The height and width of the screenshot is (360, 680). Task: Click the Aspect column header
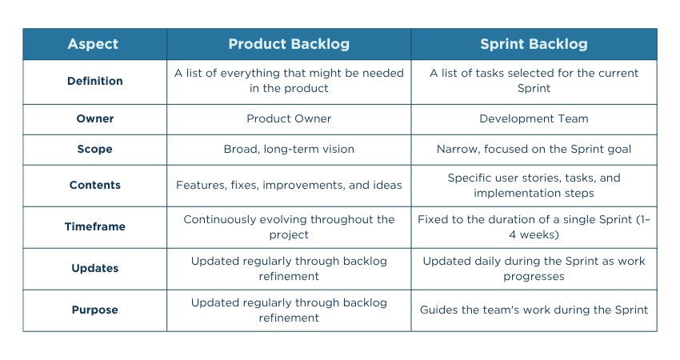pyautogui.click(x=94, y=44)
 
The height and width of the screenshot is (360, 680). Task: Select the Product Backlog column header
pyautogui.click(x=289, y=44)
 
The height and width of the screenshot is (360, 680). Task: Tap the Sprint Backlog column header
pyautogui.click(x=534, y=44)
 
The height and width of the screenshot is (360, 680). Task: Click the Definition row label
pyautogui.click(x=94, y=81)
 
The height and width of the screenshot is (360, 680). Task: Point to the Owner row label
pyautogui.click(x=94, y=118)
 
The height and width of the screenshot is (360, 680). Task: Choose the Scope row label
pyautogui.click(x=94, y=149)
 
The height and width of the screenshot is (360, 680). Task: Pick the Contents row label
pyautogui.click(x=94, y=185)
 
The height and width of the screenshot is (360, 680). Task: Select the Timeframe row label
pyautogui.click(x=94, y=226)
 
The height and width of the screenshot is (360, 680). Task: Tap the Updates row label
pyautogui.click(x=94, y=268)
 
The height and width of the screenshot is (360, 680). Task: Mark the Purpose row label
pyautogui.click(x=94, y=310)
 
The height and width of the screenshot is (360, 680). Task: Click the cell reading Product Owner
pyautogui.click(x=289, y=118)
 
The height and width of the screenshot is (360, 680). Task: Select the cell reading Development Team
pyautogui.click(x=534, y=118)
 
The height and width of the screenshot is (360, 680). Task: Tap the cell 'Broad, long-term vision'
pyautogui.click(x=289, y=149)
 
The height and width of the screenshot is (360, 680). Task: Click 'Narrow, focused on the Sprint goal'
pyautogui.click(x=534, y=149)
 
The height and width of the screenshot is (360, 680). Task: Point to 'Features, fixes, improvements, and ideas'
pyautogui.click(x=289, y=185)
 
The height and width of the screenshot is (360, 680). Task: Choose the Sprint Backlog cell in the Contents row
pyautogui.click(x=534, y=185)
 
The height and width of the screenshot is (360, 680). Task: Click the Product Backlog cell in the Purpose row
pyautogui.click(x=289, y=310)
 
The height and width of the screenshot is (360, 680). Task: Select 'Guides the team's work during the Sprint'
pyautogui.click(x=534, y=310)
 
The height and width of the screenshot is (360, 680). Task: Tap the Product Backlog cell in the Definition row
pyautogui.click(x=289, y=81)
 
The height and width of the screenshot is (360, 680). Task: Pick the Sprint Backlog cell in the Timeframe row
pyautogui.click(x=534, y=226)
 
